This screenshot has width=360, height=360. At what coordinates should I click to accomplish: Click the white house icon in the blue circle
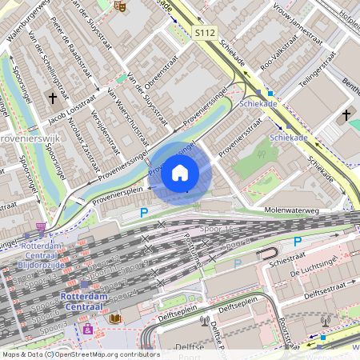tap(180, 173)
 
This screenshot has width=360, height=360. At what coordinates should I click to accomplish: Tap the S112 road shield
tap(205, 34)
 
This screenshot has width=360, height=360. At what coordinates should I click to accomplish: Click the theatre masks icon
tap(120, 6)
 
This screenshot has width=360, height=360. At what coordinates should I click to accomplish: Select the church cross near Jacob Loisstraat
tap(53, 98)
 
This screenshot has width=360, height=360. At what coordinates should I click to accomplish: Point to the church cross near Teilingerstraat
tap(346, 115)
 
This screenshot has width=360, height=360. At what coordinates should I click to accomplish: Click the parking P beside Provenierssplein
tap(145, 212)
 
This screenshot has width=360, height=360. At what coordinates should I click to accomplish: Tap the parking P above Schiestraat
tap(298, 242)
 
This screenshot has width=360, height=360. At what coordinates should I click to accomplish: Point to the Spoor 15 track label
tap(218, 230)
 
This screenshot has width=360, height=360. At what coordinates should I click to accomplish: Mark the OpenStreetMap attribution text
tap(80, 354)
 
